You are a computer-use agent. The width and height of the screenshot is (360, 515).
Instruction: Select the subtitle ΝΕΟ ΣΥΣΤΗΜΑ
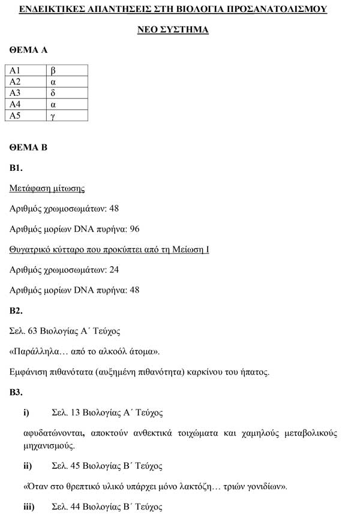pyautogui.click(x=180, y=29)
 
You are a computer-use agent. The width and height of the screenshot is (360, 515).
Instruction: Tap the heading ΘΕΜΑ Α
pyautogui.click(x=28, y=50)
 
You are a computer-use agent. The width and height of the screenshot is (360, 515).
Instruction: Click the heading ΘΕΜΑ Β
pyautogui.click(x=28, y=147)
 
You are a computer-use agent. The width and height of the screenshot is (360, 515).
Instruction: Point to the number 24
pyautogui.click(x=114, y=270)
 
